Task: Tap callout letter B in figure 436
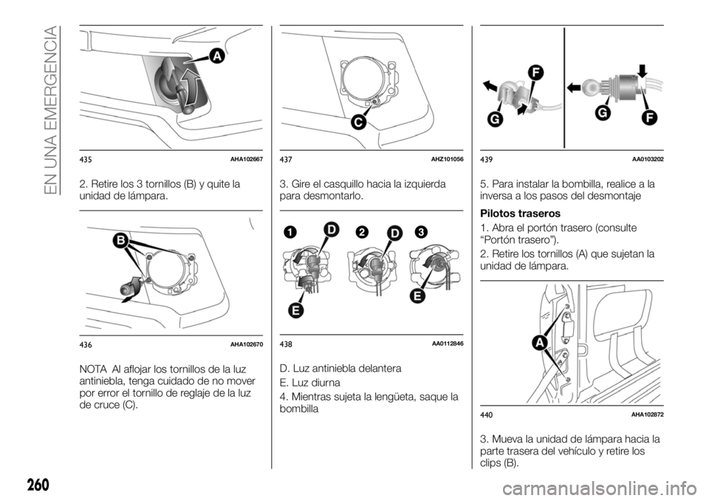(120, 241)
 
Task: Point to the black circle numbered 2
(362, 232)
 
